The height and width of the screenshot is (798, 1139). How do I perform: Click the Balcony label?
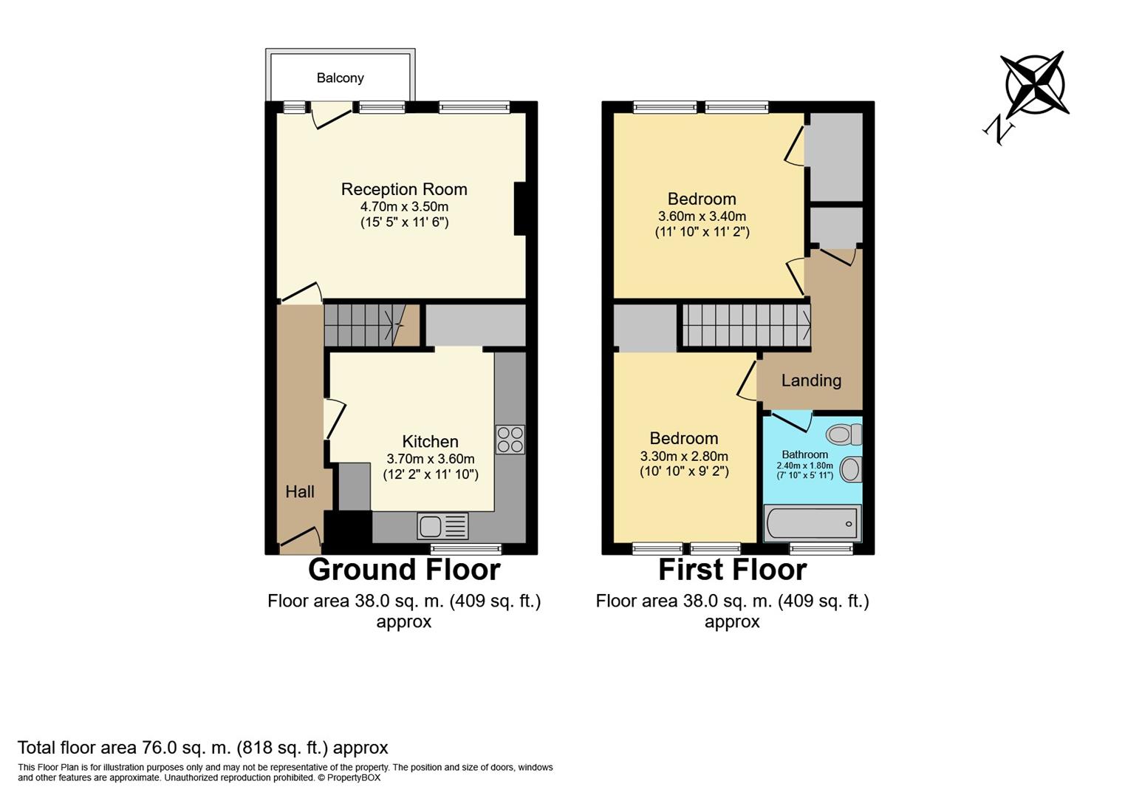pyautogui.click(x=340, y=78)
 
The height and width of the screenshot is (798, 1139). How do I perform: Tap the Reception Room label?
pyautogui.click(x=404, y=189)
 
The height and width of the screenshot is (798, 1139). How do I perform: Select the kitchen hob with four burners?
pyautogui.click(x=510, y=439)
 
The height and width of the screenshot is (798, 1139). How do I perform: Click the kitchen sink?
pyautogui.click(x=442, y=526)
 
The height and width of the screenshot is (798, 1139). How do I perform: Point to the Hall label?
pyautogui.click(x=300, y=491)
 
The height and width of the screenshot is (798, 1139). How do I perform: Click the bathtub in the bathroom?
pyautogui.click(x=812, y=523)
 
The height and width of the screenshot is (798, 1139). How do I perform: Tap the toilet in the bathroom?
pyautogui.click(x=844, y=434)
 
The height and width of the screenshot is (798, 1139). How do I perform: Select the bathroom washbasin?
pyautogui.click(x=851, y=469)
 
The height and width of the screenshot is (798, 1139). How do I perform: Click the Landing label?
pyautogui.click(x=811, y=381)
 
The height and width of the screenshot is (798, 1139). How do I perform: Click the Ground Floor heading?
pyautogui.click(x=404, y=570)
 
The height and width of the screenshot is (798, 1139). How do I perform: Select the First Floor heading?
pyautogui.click(x=732, y=570)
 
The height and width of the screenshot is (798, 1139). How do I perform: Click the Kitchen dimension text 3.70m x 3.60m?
pyautogui.click(x=431, y=459)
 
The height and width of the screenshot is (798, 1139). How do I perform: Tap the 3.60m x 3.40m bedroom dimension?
pyautogui.click(x=702, y=216)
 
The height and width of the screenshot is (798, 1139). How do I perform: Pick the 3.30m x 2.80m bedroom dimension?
pyautogui.click(x=684, y=456)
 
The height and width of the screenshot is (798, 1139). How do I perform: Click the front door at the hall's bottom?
pyautogui.click(x=300, y=539)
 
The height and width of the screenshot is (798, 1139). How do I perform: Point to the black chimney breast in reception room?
pyautogui.click(x=520, y=208)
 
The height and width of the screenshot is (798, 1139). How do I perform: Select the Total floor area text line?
pyautogui.click(x=202, y=747)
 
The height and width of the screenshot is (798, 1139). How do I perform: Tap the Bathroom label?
pyautogui.click(x=804, y=454)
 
